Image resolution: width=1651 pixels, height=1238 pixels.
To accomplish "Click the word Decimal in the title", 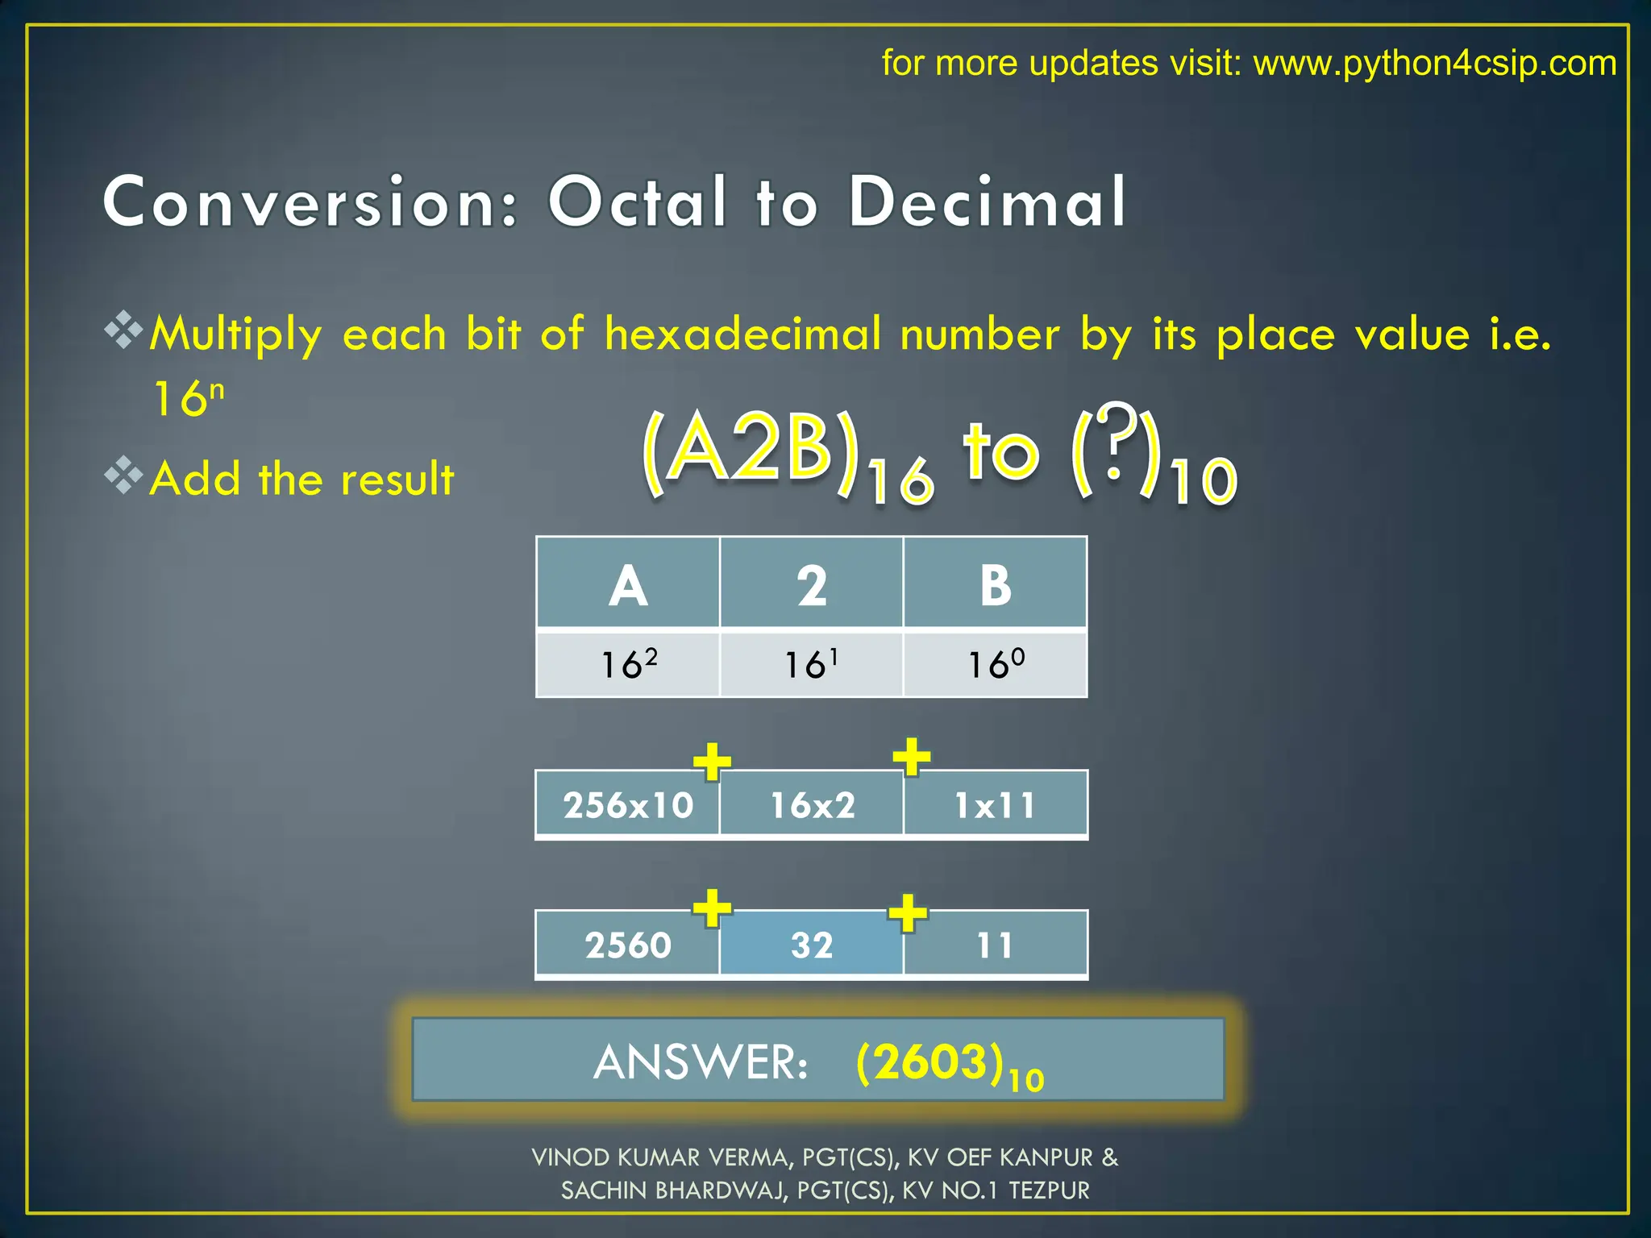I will pos(987,201).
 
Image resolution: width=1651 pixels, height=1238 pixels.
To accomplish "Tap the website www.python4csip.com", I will pos(1435,63).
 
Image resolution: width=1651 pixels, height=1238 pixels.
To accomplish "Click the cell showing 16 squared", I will pos(628,664).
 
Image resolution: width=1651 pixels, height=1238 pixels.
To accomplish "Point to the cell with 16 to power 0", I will pos(996,664).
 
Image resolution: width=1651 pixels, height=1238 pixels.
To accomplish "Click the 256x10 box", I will pos(627,804).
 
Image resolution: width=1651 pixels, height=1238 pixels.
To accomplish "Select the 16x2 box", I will pos(812,804).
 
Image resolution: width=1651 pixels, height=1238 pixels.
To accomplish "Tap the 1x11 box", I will pos(996,804).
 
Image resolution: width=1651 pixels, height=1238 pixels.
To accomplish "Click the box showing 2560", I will pos(627,945).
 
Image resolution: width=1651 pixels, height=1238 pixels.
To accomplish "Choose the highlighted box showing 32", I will pos(812,945).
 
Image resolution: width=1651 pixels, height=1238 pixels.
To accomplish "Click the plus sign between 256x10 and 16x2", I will pos(712,761).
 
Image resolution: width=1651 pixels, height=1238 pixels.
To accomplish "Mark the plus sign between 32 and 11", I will pos(908,912).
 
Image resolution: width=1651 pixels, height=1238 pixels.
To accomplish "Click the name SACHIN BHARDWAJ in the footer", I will pos(673,1190).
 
